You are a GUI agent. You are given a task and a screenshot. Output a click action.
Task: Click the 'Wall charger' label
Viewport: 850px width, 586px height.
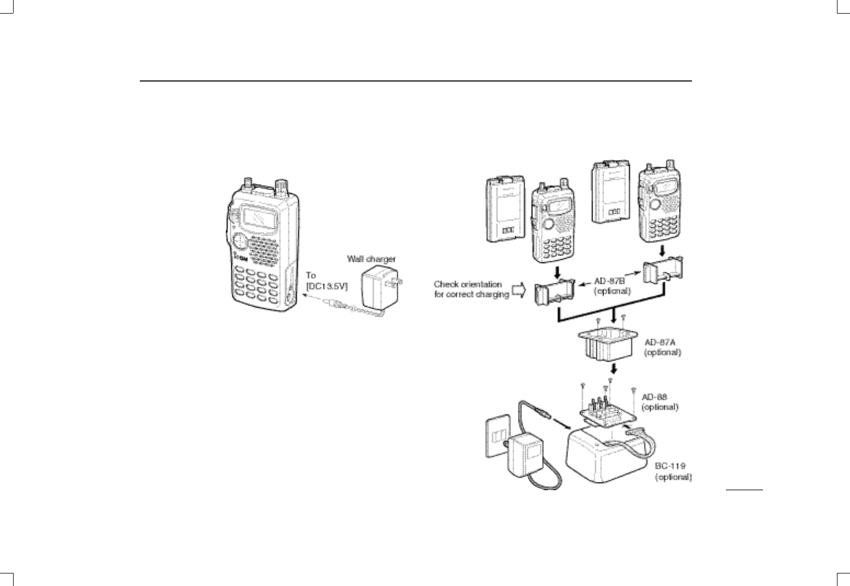tap(371, 259)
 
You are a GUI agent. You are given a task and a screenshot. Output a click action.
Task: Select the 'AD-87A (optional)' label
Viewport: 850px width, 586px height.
tap(663, 347)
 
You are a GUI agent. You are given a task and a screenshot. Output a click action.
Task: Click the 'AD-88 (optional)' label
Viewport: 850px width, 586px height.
tap(660, 401)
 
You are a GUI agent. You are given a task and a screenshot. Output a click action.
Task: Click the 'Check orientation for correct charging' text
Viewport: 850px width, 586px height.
tap(471, 289)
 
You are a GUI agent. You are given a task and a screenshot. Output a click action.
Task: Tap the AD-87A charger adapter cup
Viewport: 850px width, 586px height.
tap(607, 346)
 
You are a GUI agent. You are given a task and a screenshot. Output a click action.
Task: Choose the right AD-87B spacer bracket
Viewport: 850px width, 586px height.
tap(663, 271)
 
